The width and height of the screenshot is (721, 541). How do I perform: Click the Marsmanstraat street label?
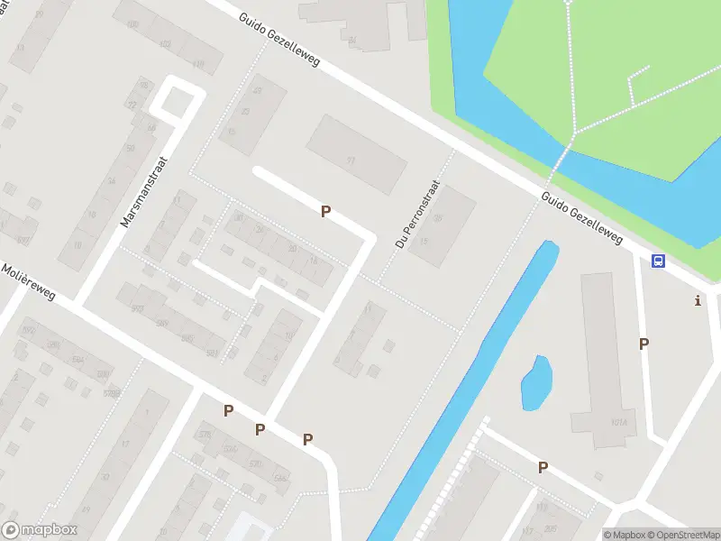(x=141, y=197)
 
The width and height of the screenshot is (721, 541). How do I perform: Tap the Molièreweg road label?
(x=28, y=283)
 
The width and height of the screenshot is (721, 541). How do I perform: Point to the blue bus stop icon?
(x=659, y=261)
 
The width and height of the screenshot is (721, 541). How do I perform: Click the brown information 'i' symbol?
(x=697, y=300)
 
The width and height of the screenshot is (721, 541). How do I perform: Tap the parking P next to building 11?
(x=325, y=211)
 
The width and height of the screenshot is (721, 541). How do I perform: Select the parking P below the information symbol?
(x=643, y=344)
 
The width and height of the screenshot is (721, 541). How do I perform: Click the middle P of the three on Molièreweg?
(x=260, y=429)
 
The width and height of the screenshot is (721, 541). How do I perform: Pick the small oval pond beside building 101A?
(x=535, y=383)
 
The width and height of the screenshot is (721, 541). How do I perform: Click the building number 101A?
(x=617, y=421)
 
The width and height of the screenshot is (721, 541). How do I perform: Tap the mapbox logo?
(x=40, y=530)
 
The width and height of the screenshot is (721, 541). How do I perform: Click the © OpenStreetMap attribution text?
(x=682, y=535)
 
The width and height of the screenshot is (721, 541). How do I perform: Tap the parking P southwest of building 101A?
(x=543, y=467)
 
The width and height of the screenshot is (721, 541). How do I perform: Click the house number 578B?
(x=113, y=393)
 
